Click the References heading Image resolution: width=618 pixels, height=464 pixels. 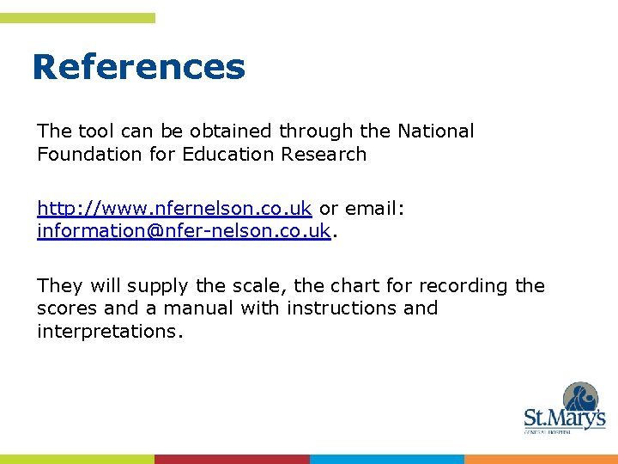[138, 67]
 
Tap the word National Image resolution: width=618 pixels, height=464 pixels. [435, 131]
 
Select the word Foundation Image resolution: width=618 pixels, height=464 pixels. [83, 155]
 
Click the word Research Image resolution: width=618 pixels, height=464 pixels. [330, 155]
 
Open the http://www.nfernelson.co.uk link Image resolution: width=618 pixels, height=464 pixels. [174, 209]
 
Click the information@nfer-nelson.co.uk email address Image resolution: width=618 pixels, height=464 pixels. [184, 232]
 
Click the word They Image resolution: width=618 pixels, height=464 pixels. [57, 286]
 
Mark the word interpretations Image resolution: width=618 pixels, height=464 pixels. [109, 332]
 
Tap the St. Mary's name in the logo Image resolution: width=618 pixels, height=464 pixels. [564, 419]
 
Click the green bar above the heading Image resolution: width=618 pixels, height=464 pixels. [77, 18]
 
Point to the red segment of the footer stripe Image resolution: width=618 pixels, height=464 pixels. [232, 459]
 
